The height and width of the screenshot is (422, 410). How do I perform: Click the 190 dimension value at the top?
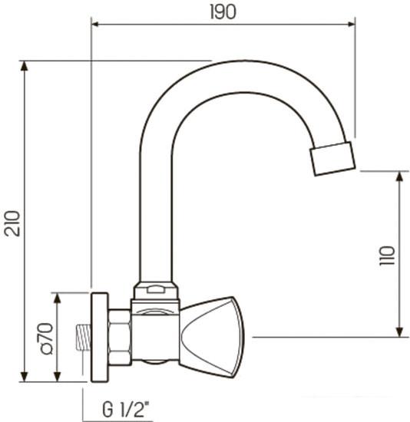[x=223, y=12]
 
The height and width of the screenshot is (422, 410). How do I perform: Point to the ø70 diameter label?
[x=45, y=338]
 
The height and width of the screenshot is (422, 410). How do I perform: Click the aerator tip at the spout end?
[x=332, y=157]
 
